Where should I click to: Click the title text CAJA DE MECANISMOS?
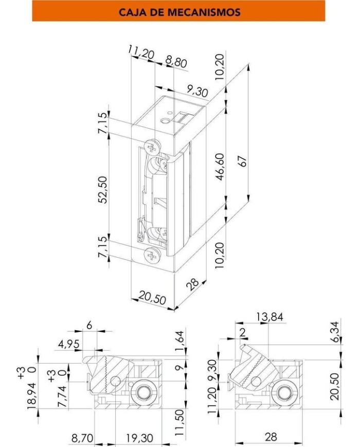179,12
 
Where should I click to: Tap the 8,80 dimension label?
176,62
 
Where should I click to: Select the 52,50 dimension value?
103,190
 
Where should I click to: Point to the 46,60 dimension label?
220,167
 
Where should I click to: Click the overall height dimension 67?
242,161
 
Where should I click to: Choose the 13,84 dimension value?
269,317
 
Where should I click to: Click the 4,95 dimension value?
69,344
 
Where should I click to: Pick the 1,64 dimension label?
179,341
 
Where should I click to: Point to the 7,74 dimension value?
62,396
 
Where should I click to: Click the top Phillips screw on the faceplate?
152,147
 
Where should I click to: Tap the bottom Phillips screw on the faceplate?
152,254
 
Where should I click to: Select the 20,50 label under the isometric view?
152,298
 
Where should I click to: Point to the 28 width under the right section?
271,437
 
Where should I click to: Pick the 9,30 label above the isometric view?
197,91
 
